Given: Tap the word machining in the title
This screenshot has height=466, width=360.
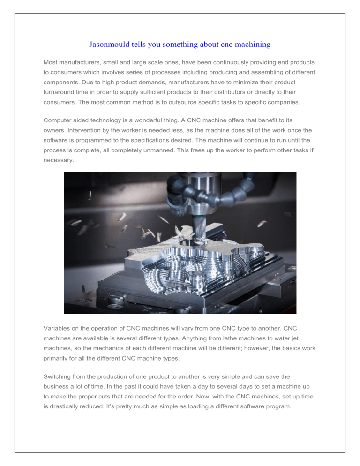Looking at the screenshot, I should point(249,45).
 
